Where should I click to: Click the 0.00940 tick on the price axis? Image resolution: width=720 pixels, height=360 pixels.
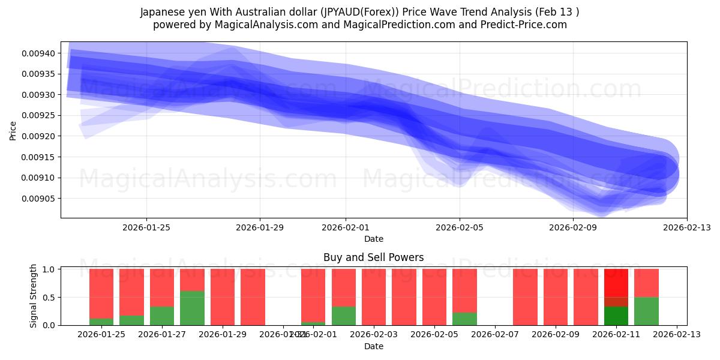(x=38, y=53)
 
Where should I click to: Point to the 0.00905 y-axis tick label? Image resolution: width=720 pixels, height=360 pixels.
(x=38, y=199)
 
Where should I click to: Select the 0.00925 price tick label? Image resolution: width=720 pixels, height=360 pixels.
(x=38, y=115)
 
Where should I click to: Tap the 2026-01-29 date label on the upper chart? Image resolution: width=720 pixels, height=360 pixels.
(x=260, y=227)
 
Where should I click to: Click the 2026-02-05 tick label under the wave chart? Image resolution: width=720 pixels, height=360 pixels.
(x=460, y=227)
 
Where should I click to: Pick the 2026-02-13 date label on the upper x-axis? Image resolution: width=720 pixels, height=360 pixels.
(x=686, y=227)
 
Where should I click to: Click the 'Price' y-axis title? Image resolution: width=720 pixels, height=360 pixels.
(x=13, y=130)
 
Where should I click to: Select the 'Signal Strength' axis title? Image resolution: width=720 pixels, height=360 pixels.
(x=34, y=296)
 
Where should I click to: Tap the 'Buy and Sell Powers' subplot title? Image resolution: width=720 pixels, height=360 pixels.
(x=373, y=257)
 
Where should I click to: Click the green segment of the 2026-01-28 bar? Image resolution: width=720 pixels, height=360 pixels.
(x=192, y=308)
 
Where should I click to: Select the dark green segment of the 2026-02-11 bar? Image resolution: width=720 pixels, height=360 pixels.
(x=616, y=316)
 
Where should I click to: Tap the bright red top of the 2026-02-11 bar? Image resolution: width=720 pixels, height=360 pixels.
(x=616, y=282)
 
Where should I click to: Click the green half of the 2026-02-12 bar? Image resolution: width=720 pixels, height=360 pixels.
(x=646, y=311)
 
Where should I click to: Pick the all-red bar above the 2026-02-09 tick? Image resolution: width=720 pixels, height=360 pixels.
(x=556, y=297)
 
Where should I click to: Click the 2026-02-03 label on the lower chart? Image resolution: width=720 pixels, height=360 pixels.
(x=374, y=335)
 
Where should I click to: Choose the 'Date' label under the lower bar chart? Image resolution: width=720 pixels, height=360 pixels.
(x=373, y=346)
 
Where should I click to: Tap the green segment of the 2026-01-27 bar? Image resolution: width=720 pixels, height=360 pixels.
(x=162, y=316)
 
